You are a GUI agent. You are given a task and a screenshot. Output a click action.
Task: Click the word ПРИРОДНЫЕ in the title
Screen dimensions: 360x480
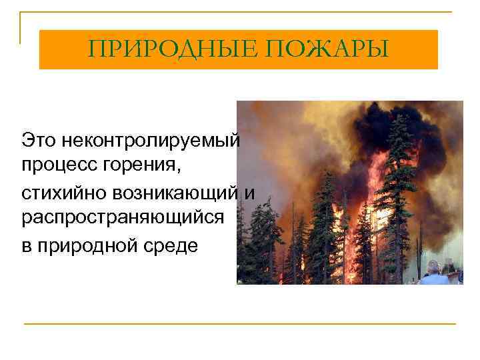coord(168,49)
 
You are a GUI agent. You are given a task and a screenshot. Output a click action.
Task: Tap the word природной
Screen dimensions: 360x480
coord(89,245)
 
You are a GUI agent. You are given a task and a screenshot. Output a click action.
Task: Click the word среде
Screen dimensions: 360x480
coord(174,245)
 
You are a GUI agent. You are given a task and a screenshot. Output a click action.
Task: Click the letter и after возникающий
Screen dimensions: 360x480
coord(249,193)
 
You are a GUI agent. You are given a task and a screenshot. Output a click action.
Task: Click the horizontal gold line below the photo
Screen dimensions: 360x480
coord(240,323)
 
